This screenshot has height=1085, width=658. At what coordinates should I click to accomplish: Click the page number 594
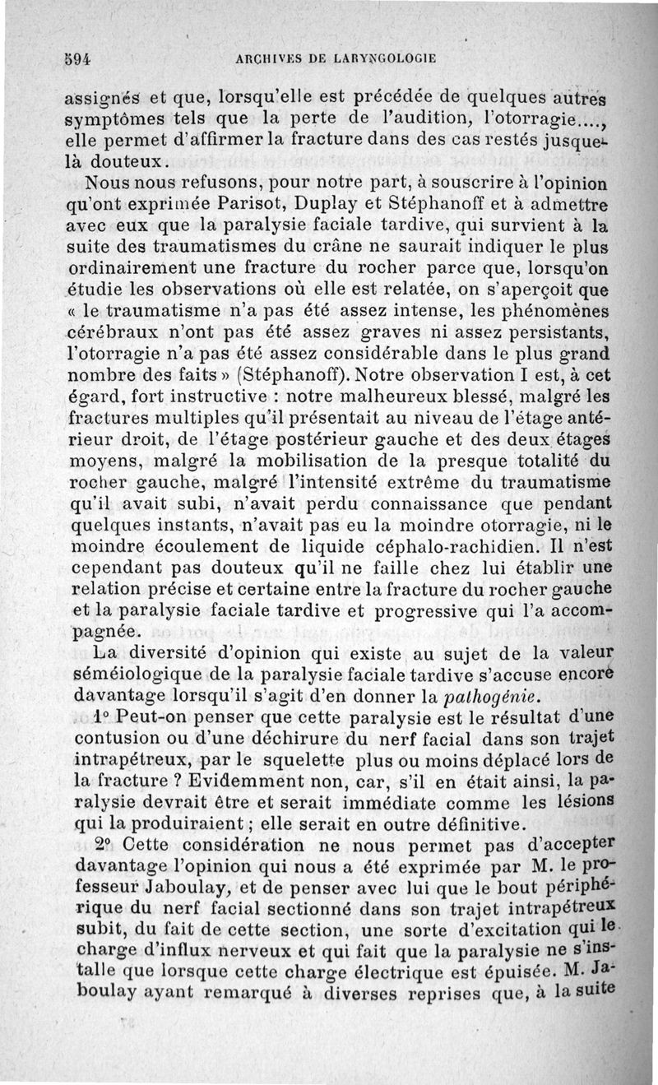coord(76,58)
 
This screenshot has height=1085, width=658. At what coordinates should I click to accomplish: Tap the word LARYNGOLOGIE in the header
coord(387,58)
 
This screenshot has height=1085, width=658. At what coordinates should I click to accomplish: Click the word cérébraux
coord(113,332)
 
